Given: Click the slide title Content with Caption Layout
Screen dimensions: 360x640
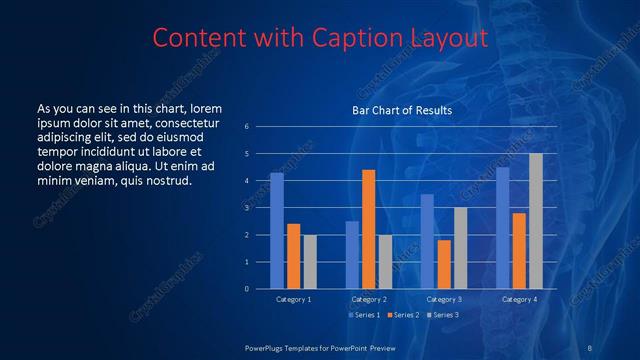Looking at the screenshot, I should pyautogui.click(x=320, y=38).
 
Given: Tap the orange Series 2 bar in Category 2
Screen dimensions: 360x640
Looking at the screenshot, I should pyautogui.click(x=368, y=229).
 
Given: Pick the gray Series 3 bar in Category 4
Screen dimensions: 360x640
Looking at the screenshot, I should pyautogui.click(x=536, y=221).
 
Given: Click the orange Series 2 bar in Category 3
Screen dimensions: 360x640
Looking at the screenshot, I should pyautogui.click(x=444, y=264).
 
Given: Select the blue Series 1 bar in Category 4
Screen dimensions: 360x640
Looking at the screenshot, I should pyautogui.click(x=503, y=228).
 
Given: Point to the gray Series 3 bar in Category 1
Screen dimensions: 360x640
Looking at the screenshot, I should pyautogui.click(x=309, y=261).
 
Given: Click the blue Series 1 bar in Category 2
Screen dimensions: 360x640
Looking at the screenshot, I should pyautogui.click(x=352, y=255).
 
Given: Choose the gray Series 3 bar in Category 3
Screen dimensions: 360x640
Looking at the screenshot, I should pyautogui.click(x=460, y=248).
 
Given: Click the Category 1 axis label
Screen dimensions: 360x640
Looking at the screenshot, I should pyautogui.click(x=293, y=299).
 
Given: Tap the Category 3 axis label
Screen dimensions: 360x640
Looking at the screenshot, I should pyautogui.click(x=444, y=299).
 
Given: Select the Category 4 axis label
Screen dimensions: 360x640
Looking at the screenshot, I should pyautogui.click(x=519, y=299).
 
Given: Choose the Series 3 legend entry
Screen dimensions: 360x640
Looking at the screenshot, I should pyautogui.click(x=442, y=315).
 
